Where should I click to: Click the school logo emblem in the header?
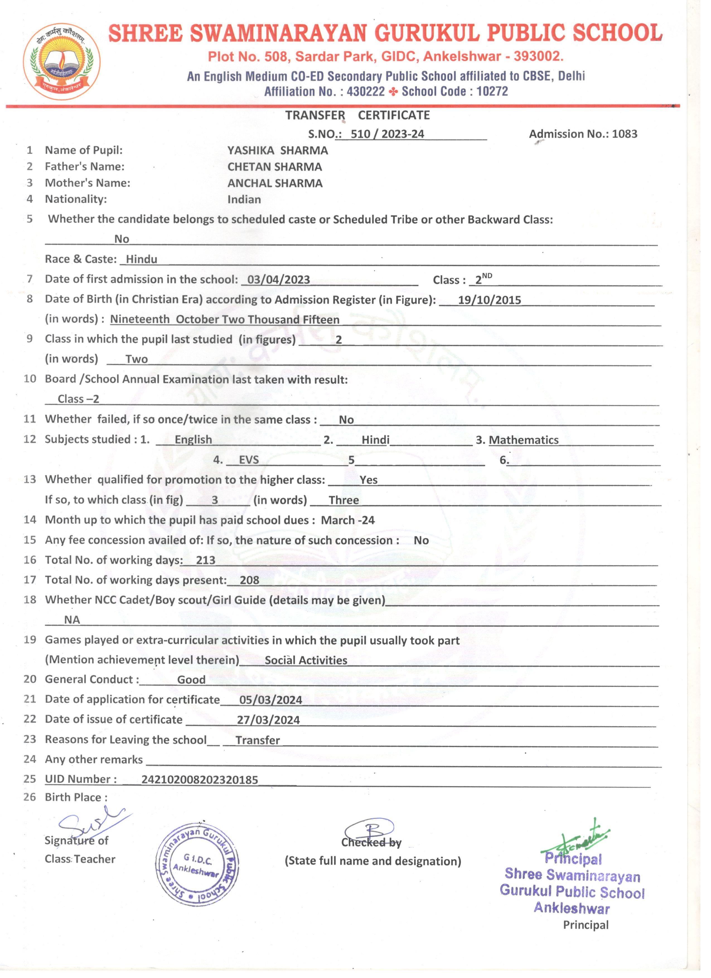62,62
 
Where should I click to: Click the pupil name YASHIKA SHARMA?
278,151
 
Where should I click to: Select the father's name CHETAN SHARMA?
275,167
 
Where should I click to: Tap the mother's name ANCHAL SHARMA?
275,183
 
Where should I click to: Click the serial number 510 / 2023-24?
387,134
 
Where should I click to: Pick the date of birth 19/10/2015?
489,300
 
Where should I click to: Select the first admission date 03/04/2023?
279,280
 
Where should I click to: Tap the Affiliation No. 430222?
366,91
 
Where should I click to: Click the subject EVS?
249,460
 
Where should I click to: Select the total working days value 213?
206,560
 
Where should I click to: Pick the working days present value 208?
249,580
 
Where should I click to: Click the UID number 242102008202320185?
200,780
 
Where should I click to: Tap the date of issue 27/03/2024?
268,720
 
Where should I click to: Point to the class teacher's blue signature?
93,825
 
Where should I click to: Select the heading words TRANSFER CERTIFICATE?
357,115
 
